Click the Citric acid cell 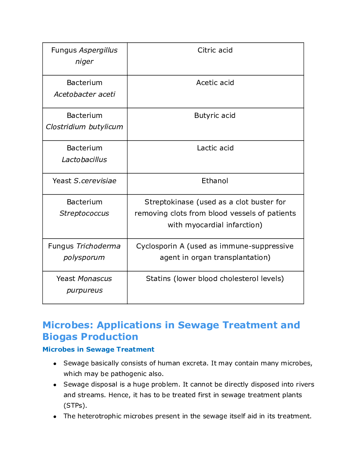[215, 50]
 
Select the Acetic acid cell [215, 83]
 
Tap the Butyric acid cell [215, 115]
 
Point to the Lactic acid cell [215, 148]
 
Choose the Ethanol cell [215, 181]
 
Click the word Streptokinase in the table [169, 202]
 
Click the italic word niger [84, 61]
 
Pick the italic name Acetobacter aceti [84, 94]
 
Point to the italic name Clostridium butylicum [84, 127]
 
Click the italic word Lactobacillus [84, 160]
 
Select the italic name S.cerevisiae [95, 181]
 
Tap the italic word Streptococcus [84, 213]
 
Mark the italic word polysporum [84, 257]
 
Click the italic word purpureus [84, 290]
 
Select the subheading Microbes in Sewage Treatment [98, 349]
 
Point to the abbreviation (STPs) [75, 405]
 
